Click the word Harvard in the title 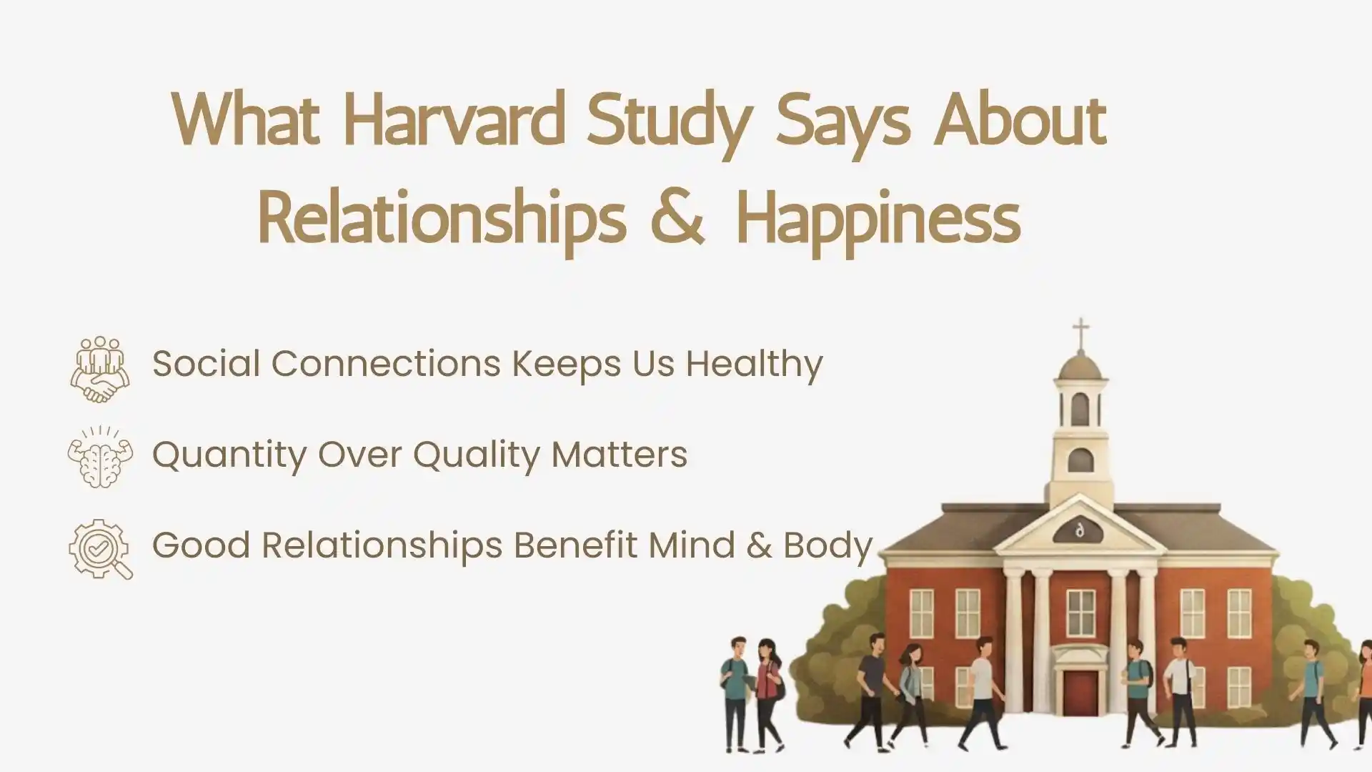tap(454, 120)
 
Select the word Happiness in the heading tap(878, 218)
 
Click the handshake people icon tap(100, 369)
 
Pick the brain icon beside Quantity tap(100, 458)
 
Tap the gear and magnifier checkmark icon tap(100, 549)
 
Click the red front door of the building tap(1080, 691)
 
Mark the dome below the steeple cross tap(1080, 366)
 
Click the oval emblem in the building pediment tap(1079, 530)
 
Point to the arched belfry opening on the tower tap(1080, 409)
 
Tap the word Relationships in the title tap(442, 218)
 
